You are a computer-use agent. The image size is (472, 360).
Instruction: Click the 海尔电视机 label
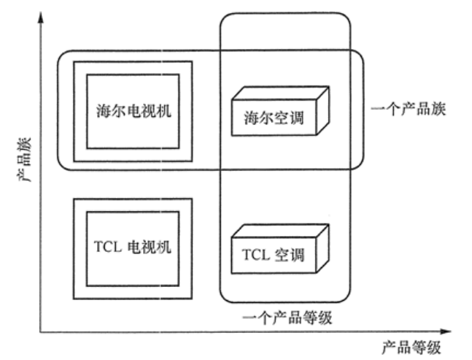coord(132,112)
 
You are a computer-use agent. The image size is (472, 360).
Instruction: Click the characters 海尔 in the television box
coord(109,112)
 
